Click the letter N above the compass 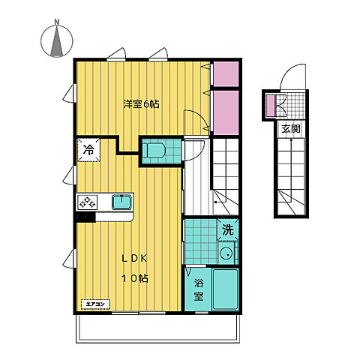point(57,22)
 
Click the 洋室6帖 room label point(141,104)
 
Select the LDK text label point(134,259)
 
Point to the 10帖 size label point(135,278)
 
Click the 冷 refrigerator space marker point(88,150)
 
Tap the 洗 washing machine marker point(228,229)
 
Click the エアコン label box point(95,304)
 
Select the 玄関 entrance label point(291,129)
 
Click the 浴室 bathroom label point(199,289)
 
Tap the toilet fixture point(154,150)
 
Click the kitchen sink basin point(121,202)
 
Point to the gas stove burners point(87,202)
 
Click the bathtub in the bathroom point(225,289)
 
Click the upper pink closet point(226,74)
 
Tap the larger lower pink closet point(226,112)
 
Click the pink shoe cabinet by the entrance point(270,106)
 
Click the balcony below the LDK point(157,328)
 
